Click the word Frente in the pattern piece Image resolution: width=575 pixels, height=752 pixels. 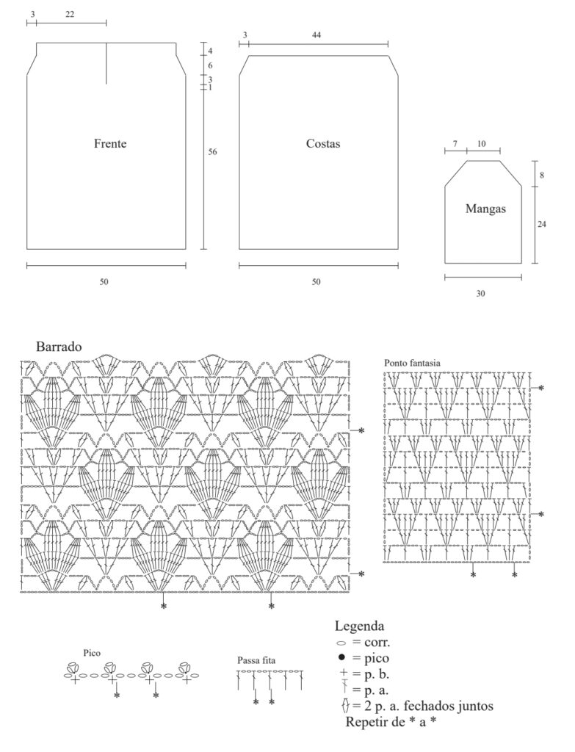pos(110,143)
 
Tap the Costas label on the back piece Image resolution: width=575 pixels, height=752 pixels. pos(322,143)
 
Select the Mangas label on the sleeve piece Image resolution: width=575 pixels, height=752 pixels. pos(485,209)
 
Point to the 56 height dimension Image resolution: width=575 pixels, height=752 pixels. pos(212,152)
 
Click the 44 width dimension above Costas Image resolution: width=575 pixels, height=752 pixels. pos(316,35)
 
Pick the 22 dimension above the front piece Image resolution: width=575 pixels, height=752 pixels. pos(70,15)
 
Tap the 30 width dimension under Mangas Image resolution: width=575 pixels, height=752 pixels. pos(480,294)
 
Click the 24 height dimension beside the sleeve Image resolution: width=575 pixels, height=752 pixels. pos(541,224)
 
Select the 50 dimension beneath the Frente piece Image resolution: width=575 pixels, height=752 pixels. pos(104,282)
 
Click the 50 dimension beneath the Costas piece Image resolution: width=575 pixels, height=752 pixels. pos(316,282)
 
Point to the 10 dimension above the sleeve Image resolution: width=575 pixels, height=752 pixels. pos(481,144)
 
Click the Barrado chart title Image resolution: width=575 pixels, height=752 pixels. pos(59,347)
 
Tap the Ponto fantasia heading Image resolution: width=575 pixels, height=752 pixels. pos(412,363)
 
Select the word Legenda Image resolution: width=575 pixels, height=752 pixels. pos(359,626)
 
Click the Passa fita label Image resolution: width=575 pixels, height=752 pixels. pos(256,660)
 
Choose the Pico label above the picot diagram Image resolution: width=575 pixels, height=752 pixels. pos(92,653)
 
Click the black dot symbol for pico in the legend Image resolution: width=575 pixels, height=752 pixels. pos(341,657)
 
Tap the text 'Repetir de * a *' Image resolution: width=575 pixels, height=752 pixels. pos(391,722)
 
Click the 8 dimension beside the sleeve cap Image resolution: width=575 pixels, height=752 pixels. pos(542,176)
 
